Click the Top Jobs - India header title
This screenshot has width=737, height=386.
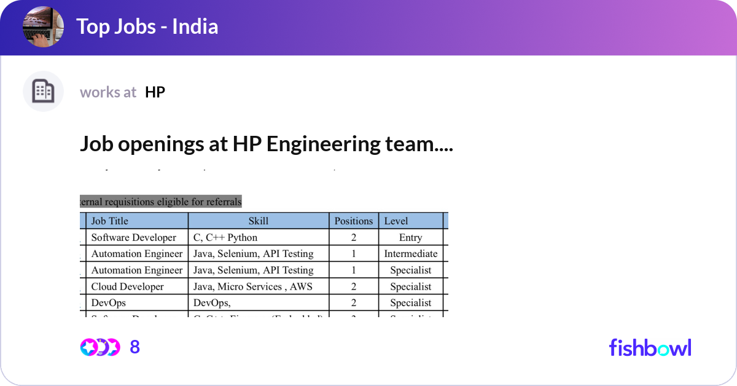coord(147,27)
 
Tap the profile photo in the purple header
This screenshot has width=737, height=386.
coord(43,27)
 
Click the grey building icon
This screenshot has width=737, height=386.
coord(43,92)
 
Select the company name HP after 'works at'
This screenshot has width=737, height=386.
coord(155,92)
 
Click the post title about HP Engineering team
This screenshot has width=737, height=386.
coord(266,144)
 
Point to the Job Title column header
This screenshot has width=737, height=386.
coord(110,221)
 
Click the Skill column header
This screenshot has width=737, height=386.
coord(258,221)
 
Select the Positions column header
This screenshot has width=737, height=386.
coord(353,221)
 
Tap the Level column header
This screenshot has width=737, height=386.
coord(396,221)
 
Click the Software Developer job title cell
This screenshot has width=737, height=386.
coord(134,237)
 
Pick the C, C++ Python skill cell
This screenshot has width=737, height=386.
coord(225,237)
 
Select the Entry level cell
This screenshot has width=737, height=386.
coord(410,237)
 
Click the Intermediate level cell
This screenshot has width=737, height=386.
coord(410,254)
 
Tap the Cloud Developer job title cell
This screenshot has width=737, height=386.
coord(128,286)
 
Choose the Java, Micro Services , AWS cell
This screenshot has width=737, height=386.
coord(253,286)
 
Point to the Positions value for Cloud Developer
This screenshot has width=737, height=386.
coord(353,286)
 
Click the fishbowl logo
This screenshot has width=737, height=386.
coord(650,347)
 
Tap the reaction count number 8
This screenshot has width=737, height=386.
coord(135,347)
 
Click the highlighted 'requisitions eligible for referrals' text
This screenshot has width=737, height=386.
coord(161,202)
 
